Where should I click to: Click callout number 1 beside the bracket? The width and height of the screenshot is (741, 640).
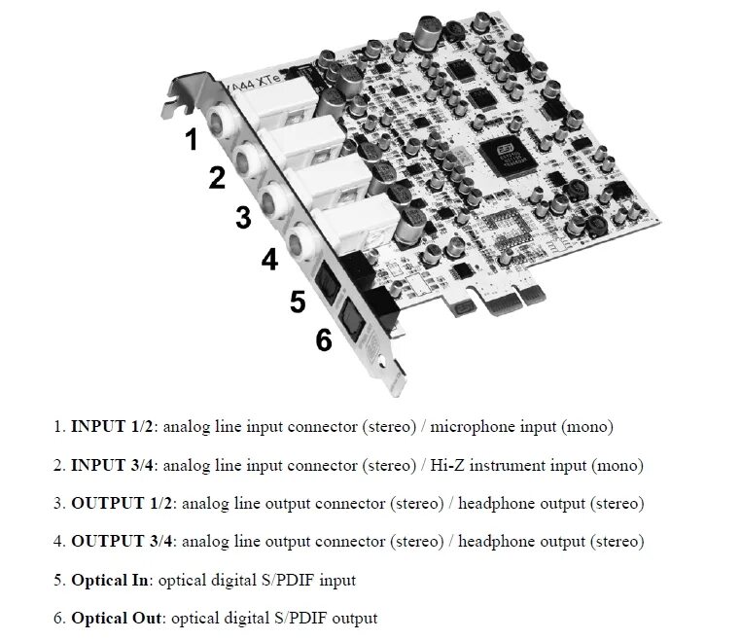pos(193,140)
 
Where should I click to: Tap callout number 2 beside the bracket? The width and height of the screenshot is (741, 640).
pos(217,178)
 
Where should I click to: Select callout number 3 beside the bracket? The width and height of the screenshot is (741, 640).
pos(243,218)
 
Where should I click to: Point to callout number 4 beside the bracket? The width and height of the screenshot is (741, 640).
pos(269,260)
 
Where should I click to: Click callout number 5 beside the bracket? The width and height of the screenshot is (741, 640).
pos(299,302)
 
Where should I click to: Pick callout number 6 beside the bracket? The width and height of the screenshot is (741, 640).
pos(324,340)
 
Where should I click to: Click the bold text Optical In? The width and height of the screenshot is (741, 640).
pos(110,580)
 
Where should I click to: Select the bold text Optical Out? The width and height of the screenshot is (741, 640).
pos(117,618)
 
